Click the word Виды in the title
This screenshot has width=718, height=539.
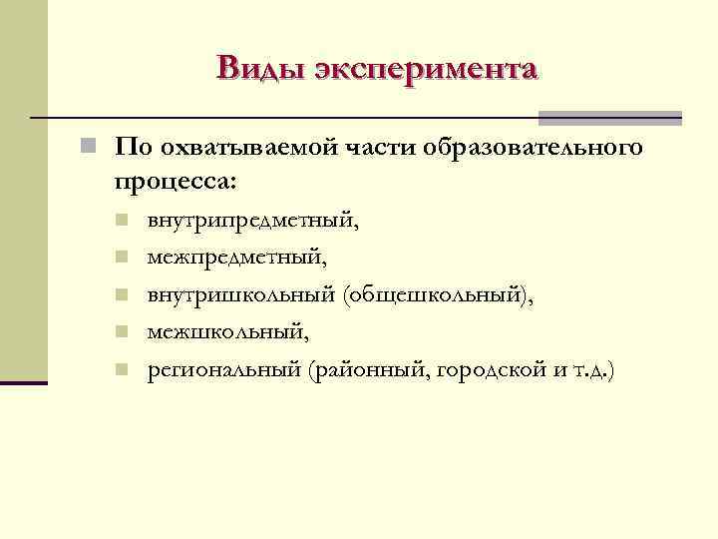click(x=261, y=69)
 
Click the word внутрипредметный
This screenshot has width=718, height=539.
click(x=252, y=222)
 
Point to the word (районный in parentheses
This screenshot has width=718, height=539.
click(x=364, y=370)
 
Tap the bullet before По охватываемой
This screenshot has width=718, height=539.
click(x=89, y=149)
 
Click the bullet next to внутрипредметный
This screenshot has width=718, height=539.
click(x=120, y=221)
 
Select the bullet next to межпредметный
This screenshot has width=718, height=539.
click(x=120, y=258)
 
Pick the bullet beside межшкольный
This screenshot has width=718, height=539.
click(x=120, y=331)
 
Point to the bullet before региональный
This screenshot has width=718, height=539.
click(x=120, y=369)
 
